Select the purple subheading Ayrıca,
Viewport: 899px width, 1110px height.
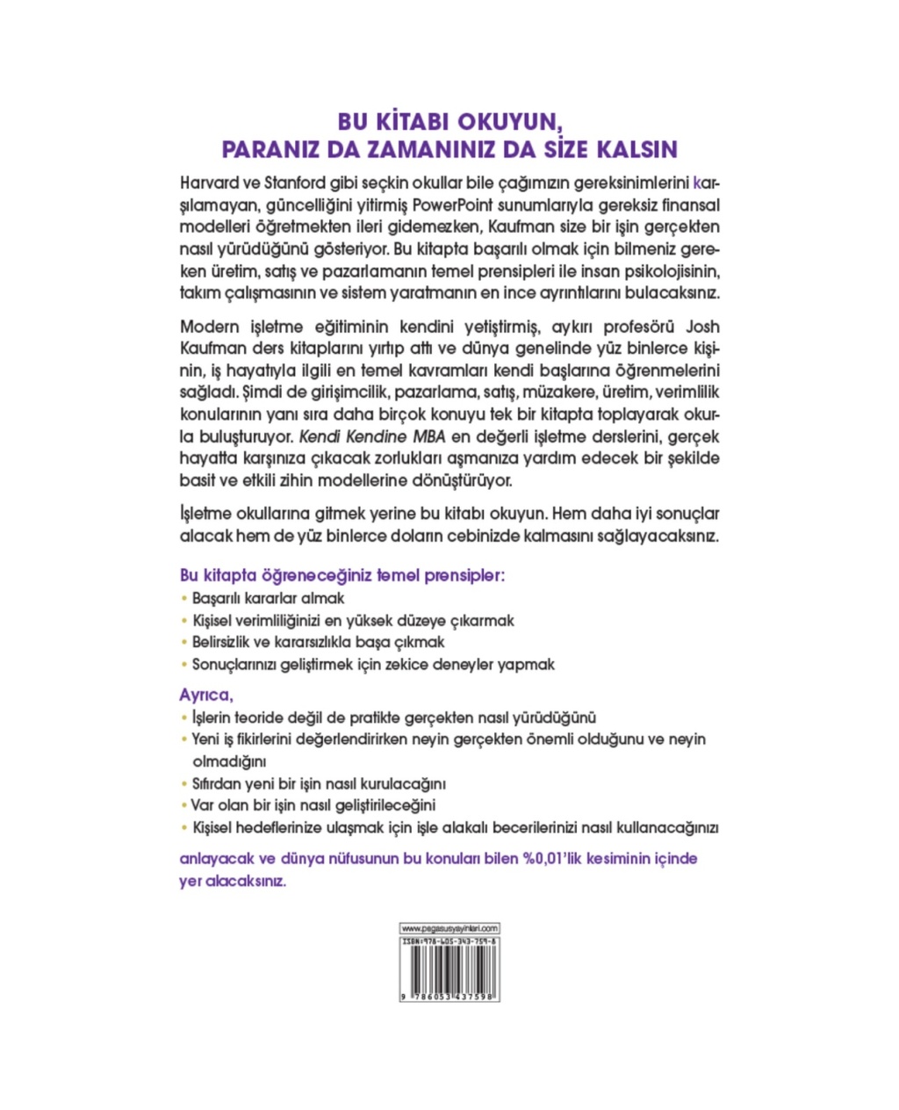[206, 696]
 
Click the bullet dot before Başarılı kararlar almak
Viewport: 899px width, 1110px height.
[184, 599]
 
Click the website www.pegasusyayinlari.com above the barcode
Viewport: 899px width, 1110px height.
[449, 928]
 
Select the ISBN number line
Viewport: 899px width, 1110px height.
[449, 940]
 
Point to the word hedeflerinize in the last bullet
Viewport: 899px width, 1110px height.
[283, 827]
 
